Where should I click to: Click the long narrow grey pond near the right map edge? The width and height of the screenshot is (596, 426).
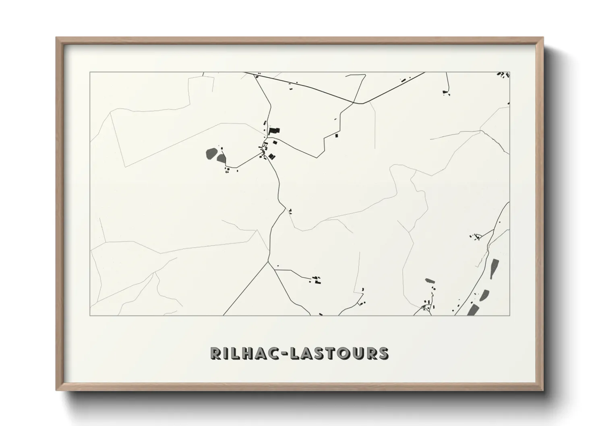click(x=494, y=269)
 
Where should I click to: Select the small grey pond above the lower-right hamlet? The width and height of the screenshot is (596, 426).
click(x=430, y=280)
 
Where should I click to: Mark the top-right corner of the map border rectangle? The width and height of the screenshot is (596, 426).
click(x=510, y=72)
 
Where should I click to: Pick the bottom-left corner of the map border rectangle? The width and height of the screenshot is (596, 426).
click(x=90, y=316)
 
